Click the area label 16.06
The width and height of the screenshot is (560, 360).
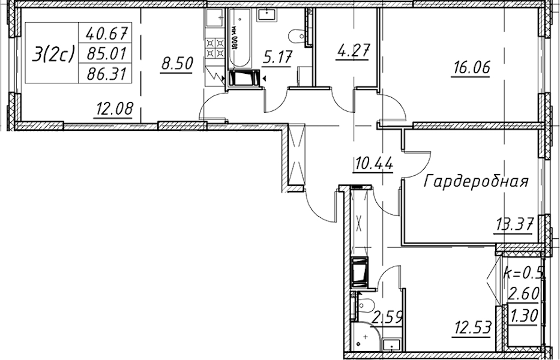pos(471,67)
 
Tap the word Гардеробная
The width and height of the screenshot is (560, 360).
pos(476,181)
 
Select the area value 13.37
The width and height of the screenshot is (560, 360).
pos(514,225)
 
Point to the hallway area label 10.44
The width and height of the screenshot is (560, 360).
pos(373,164)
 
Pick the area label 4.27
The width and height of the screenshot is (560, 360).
pos(352,51)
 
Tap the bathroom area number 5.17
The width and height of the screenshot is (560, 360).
pos(277,57)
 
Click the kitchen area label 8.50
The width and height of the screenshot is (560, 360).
pos(177,64)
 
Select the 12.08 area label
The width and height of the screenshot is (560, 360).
pos(113,108)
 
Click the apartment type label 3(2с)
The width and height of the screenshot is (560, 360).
pos(53,54)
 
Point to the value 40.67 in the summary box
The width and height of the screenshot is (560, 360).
pos(107,34)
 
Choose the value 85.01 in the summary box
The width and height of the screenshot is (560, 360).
pos(107,54)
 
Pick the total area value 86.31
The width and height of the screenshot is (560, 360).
pos(107,74)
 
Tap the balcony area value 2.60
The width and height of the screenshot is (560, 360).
pos(523,294)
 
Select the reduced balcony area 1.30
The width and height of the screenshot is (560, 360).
pos(524,316)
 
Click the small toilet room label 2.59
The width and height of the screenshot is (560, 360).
pos(388,316)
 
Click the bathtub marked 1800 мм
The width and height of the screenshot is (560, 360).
pos(239,38)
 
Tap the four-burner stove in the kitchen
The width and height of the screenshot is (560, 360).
pos(214,48)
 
